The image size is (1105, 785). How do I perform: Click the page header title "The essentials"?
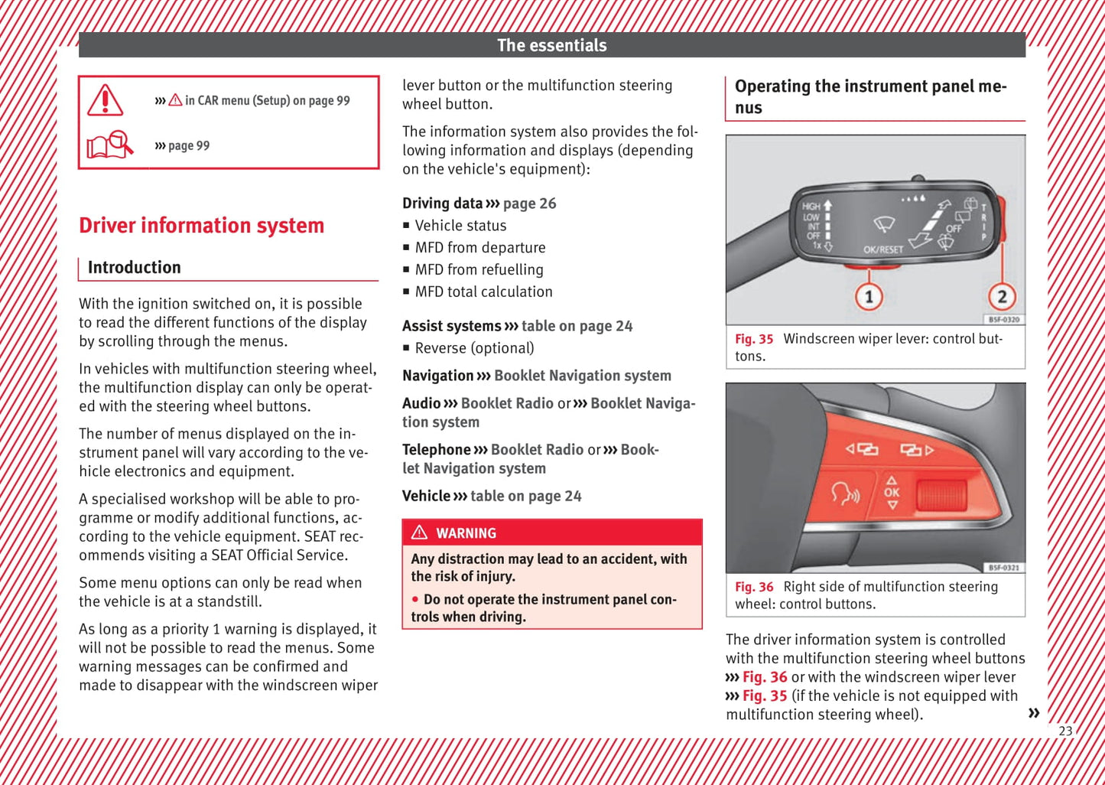(551, 45)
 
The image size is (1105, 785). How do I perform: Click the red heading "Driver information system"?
(201, 226)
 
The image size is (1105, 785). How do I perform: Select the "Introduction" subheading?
(134, 267)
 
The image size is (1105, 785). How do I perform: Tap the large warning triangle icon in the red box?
(106, 101)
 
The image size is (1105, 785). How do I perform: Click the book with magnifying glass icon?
(110, 145)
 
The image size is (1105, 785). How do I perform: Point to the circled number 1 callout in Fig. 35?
(869, 296)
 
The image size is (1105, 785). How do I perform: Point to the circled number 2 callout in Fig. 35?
(1001, 296)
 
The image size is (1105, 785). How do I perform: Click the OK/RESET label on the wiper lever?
(882, 249)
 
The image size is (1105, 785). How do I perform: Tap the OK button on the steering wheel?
(892, 493)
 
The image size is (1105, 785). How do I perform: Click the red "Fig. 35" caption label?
(754, 339)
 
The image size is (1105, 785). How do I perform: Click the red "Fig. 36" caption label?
(754, 587)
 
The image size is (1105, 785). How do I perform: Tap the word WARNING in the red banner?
(466, 533)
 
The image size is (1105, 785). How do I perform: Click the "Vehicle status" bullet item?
(460, 226)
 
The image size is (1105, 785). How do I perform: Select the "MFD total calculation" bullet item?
(483, 292)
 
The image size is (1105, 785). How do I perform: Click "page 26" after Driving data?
(529, 204)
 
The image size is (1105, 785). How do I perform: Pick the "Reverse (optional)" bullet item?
(474, 348)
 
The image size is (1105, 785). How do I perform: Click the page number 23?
(1065, 731)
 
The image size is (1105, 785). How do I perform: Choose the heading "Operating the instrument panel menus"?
(870, 96)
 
